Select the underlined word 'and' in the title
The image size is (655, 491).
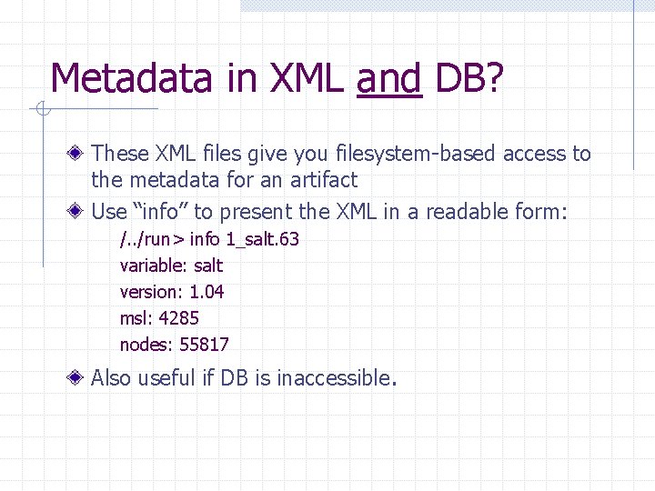[x=388, y=79]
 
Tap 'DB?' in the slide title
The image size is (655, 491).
[x=469, y=79]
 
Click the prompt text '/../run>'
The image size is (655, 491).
[x=152, y=239]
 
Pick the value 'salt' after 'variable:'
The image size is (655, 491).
[x=208, y=266]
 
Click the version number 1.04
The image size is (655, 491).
[x=207, y=292]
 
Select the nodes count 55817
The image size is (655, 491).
[x=205, y=345]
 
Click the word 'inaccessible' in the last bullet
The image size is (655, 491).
[x=333, y=378]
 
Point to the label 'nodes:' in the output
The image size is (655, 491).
[x=146, y=345]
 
